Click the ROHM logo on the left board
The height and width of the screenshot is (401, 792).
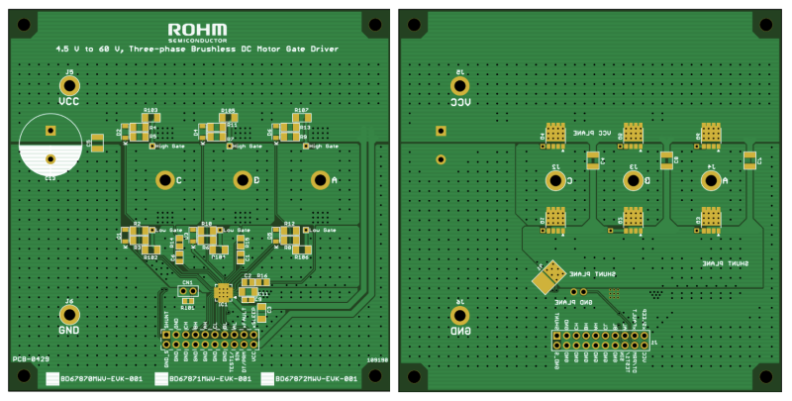pyautogui.click(x=197, y=31)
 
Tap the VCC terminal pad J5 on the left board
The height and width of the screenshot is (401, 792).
pyautogui.click(x=69, y=86)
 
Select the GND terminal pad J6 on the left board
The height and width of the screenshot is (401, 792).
pyautogui.click(x=69, y=314)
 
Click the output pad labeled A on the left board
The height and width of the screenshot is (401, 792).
pyautogui.click(x=319, y=179)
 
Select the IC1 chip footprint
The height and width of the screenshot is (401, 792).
pyautogui.click(x=224, y=292)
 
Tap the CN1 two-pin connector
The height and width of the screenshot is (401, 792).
pyautogui.click(x=186, y=292)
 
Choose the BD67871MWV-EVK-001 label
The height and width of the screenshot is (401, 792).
pyautogui.click(x=205, y=378)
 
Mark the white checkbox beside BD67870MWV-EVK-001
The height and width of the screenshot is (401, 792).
pyautogui.click(x=52, y=378)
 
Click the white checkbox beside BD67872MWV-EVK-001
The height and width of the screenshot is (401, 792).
pyautogui.click(x=268, y=378)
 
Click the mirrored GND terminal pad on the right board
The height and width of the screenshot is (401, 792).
pyautogui.click(x=459, y=316)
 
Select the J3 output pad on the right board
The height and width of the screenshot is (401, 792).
pyautogui.click(x=632, y=180)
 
